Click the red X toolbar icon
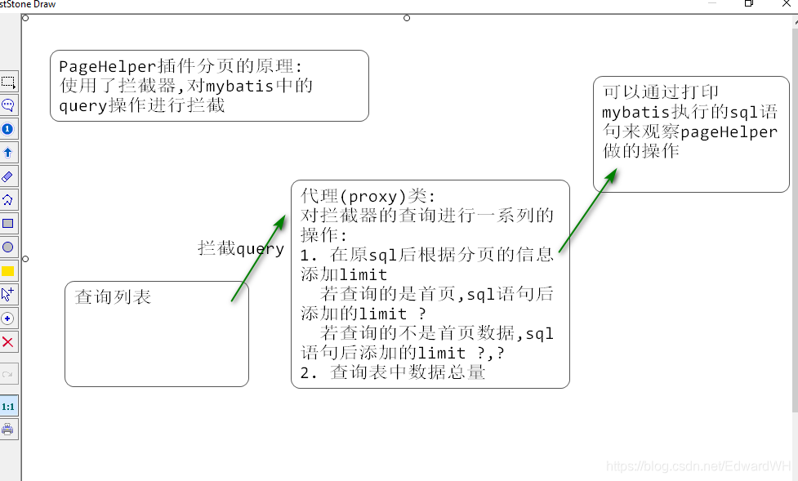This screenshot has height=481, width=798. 8,342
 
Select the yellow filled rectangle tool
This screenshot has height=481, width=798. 8,271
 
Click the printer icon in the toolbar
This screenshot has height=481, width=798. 8,430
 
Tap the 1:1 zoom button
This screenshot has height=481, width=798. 8,406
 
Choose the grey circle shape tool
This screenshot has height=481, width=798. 8,247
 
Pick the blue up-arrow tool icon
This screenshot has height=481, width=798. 8,153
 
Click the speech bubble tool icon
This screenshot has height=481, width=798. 8,105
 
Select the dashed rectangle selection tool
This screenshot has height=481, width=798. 8,82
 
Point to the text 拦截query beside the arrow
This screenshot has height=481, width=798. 241,248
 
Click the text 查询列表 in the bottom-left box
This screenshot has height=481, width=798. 114,296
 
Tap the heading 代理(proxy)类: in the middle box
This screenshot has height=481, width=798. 368,197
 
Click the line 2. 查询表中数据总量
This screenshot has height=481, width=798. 393,372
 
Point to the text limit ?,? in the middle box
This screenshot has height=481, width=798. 461,353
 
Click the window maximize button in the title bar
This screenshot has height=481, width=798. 748,4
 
